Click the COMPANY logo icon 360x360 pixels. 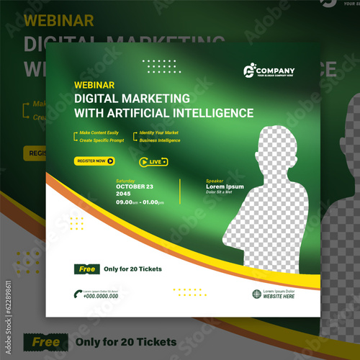pyautogui.click(x=251, y=71)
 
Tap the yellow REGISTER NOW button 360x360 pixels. pyautogui.click(x=94, y=161)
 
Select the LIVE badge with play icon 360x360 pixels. pyautogui.click(x=153, y=162)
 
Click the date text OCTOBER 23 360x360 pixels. pyautogui.click(x=135, y=186)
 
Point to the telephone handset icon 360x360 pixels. pyautogui.click(x=77, y=292)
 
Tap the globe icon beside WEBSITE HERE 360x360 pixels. pyautogui.click(x=256, y=294)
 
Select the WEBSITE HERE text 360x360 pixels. pyautogui.click(x=279, y=297)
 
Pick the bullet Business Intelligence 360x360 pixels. pyautogui.click(x=160, y=140)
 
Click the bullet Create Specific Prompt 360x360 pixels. pyautogui.click(x=102, y=140)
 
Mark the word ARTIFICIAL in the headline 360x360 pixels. pyautogui.click(x=158, y=113)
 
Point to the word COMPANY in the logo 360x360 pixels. pyautogui.click(x=276, y=70)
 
